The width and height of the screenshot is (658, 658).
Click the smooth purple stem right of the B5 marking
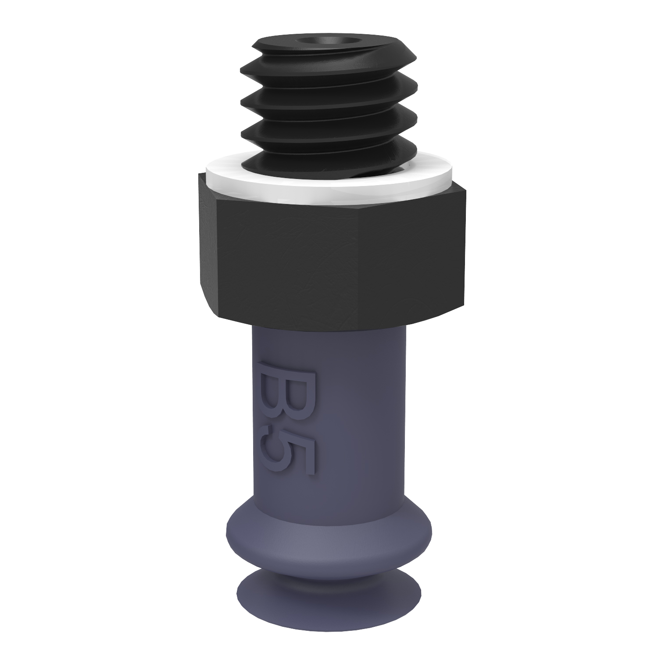pos(364,417)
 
